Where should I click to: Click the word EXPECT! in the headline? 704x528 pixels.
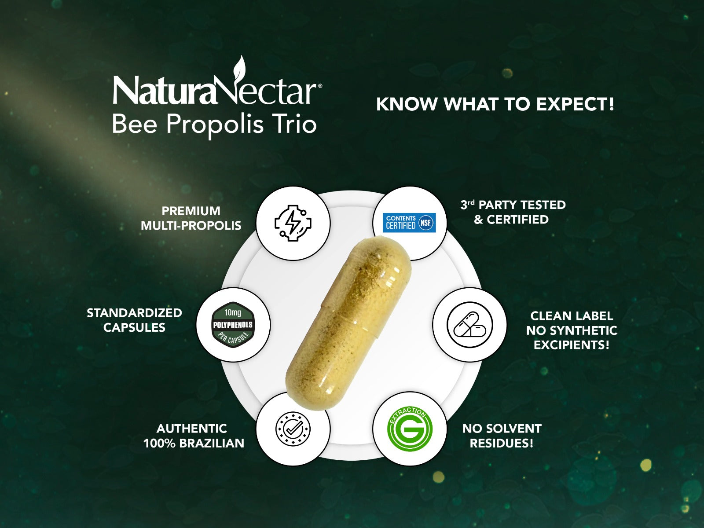[x=576, y=104]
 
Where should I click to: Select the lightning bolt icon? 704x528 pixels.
[x=293, y=223]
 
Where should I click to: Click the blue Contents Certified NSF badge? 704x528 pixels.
[x=409, y=223]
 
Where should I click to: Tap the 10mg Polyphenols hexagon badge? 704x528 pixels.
[x=233, y=325]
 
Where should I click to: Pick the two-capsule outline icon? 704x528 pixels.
[x=469, y=325]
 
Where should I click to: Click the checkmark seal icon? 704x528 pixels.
[x=293, y=429]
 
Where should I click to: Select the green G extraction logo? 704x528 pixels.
[x=410, y=429]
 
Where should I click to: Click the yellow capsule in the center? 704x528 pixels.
[x=348, y=323]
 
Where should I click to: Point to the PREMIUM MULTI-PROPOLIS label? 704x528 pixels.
[x=191, y=218]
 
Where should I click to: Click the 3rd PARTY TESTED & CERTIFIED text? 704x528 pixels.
[x=513, y=212]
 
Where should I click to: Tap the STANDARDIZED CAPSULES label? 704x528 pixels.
[x=134, y=320]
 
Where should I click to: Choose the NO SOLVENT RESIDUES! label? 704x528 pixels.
[x=502, y=436]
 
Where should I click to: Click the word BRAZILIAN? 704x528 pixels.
[x=212, y=444]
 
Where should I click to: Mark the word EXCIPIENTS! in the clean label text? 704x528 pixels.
[x=572, y=345]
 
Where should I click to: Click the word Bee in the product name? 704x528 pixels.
[x=135, y=124]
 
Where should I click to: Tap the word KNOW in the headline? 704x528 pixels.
[x=407, y=105]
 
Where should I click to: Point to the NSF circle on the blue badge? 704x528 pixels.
[x=425, y=223]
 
